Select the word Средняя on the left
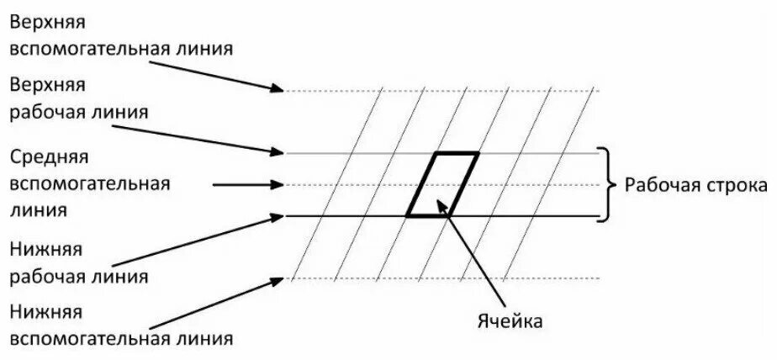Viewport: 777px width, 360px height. click(49, 157)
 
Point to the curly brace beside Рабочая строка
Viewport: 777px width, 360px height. click(604, 184)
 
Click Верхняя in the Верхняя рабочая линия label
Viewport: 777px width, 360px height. click(48, 86)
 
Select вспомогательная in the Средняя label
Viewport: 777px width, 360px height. click(90, 183)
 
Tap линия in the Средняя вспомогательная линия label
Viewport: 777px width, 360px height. click(35, 209)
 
